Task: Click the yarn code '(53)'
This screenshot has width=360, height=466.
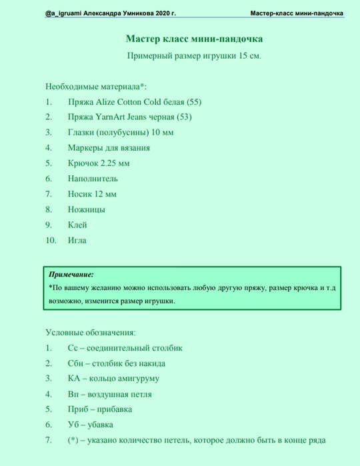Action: pos(179,117)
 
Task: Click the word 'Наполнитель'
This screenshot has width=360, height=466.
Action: pos(93,178)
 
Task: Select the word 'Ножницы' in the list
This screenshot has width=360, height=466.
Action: pos(86,209)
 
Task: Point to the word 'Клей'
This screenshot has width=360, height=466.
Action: pos(77,225)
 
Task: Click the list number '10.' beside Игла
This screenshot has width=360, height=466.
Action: pos(51,240)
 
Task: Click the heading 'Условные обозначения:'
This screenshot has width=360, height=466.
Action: pos(90,331)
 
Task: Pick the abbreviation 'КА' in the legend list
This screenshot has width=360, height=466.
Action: pos(74,379)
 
